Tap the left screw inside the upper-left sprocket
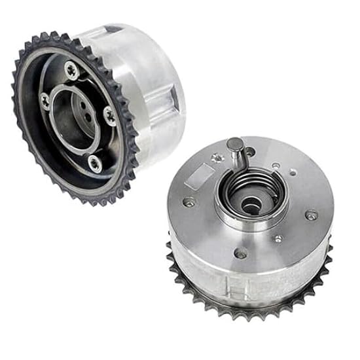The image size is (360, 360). coord(45,99)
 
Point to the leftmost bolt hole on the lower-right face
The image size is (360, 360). coord(189,201)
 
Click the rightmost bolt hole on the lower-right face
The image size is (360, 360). coord(312,213)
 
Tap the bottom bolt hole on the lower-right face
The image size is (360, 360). coord(241,253)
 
